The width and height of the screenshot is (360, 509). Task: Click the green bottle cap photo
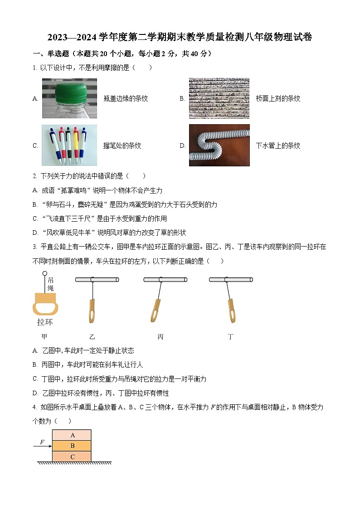(x=69, y=98)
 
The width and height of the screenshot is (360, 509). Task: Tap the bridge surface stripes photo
(x=219, y=98)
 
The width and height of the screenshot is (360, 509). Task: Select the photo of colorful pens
(x=69, y=145)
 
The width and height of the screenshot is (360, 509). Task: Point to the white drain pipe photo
(x=219, y=145)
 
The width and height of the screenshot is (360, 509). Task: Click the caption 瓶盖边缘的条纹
(x=126, y=98)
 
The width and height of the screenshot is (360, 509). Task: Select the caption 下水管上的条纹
(x=278, y=145)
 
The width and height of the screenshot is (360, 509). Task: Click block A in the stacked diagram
(x=72, y=435)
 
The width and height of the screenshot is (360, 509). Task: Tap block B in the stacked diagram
(x=72, y=446)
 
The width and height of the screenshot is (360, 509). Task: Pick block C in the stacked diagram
(x=72, y=457)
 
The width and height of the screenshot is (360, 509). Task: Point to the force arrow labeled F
(x=42, y=446)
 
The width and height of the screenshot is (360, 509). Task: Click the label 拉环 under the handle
(x=45, y=322)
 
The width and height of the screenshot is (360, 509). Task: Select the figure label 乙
(x=92, y=337)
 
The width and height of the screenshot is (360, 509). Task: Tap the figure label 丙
(x=161, y=337)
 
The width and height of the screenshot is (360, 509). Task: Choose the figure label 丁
(x=231, y=337)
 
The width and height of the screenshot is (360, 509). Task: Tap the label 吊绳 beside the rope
(x=50, y=284)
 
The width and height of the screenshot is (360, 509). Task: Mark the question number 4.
(x=35, y=407)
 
